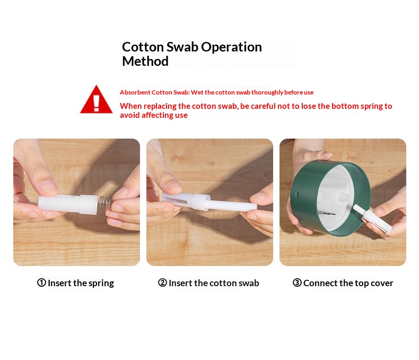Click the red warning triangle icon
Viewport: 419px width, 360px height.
96,100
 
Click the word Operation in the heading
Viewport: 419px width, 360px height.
231,47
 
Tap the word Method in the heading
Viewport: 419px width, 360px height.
145,61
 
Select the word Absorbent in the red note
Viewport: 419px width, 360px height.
135,92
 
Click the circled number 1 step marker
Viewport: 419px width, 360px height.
41,282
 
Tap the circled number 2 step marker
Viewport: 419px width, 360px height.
162,282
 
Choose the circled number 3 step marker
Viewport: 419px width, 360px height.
297,282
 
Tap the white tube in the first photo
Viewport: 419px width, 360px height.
68,204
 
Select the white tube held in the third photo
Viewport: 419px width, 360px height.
372,218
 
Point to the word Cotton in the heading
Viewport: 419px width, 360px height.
143,47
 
